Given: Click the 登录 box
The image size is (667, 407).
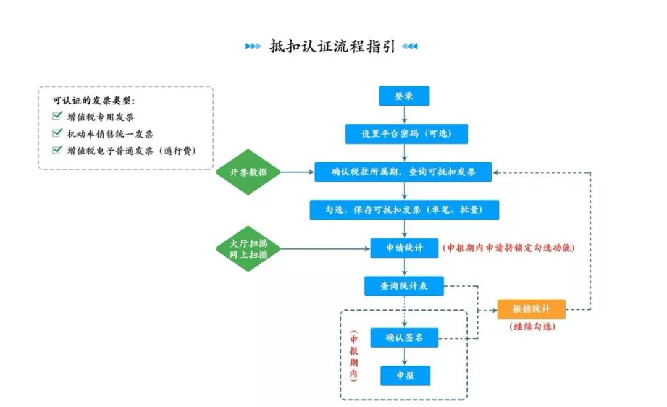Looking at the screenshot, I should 404,96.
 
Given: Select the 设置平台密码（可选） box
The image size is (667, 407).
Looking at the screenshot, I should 406,134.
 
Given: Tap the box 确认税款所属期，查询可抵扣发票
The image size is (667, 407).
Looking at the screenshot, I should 403,172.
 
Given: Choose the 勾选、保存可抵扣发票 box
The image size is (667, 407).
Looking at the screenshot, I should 404,210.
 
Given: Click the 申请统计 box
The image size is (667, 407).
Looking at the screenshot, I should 404,248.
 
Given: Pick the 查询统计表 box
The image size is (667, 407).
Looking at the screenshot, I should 404,286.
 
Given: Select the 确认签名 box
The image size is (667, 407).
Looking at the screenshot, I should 404,337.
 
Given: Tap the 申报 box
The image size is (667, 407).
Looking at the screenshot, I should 405,376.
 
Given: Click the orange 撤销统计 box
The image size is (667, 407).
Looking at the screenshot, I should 531,309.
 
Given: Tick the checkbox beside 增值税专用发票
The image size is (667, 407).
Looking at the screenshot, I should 57,117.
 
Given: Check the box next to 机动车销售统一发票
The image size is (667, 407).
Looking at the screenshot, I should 57,133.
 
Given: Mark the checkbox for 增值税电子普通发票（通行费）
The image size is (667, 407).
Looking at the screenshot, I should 57,150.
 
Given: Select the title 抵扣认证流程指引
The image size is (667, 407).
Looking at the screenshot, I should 332,46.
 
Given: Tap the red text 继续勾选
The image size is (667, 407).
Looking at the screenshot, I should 532,327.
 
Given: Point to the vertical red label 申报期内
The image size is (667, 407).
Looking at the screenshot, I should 354,357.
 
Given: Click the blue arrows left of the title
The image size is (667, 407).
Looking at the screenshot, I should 253,46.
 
